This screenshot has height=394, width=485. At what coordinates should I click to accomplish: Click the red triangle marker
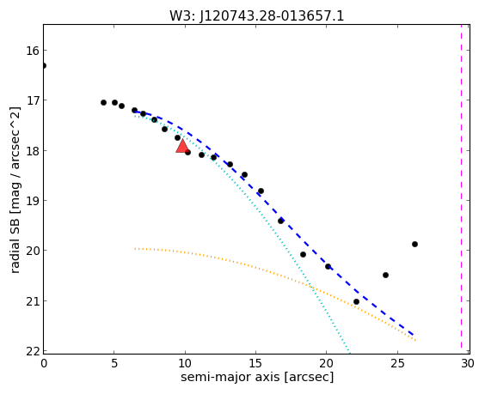click(x=182, y=147)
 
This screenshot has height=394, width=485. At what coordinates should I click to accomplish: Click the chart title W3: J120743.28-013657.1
click(x=257, y=15)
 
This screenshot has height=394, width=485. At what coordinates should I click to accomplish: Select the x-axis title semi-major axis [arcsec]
click(x=257, y=377)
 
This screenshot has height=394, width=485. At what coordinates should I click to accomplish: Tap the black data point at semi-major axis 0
click(x=44, y=65)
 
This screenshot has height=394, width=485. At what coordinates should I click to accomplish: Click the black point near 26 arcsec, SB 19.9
click(x=414, y=245)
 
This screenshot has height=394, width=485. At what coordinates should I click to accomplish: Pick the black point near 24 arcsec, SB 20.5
click(x=385, y=276)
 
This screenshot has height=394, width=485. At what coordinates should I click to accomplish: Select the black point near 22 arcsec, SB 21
click(x=356, y=301)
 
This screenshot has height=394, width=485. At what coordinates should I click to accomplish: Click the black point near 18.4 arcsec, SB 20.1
click(x=303, y=254)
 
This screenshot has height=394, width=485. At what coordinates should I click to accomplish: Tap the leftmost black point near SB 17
click(x=103, y=102)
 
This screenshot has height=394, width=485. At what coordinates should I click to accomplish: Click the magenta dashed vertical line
click(x=461, y=189)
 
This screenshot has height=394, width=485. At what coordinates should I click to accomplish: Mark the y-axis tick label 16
click(x=33, y=51)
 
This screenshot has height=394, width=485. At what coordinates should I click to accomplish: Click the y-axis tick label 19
click(x=33, y=201)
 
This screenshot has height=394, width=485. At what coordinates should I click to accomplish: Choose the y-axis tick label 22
click(x=33, y=351)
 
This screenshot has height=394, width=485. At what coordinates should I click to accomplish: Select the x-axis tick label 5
click(x=114, y=363)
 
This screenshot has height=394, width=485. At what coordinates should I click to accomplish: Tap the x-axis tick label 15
click(x=255, y=363)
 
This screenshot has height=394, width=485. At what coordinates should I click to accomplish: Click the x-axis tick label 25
click(x=397, y=363)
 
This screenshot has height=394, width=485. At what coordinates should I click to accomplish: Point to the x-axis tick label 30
click(x=468, y=363)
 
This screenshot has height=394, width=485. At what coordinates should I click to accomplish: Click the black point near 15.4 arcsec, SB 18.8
click(x=261, y=191)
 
